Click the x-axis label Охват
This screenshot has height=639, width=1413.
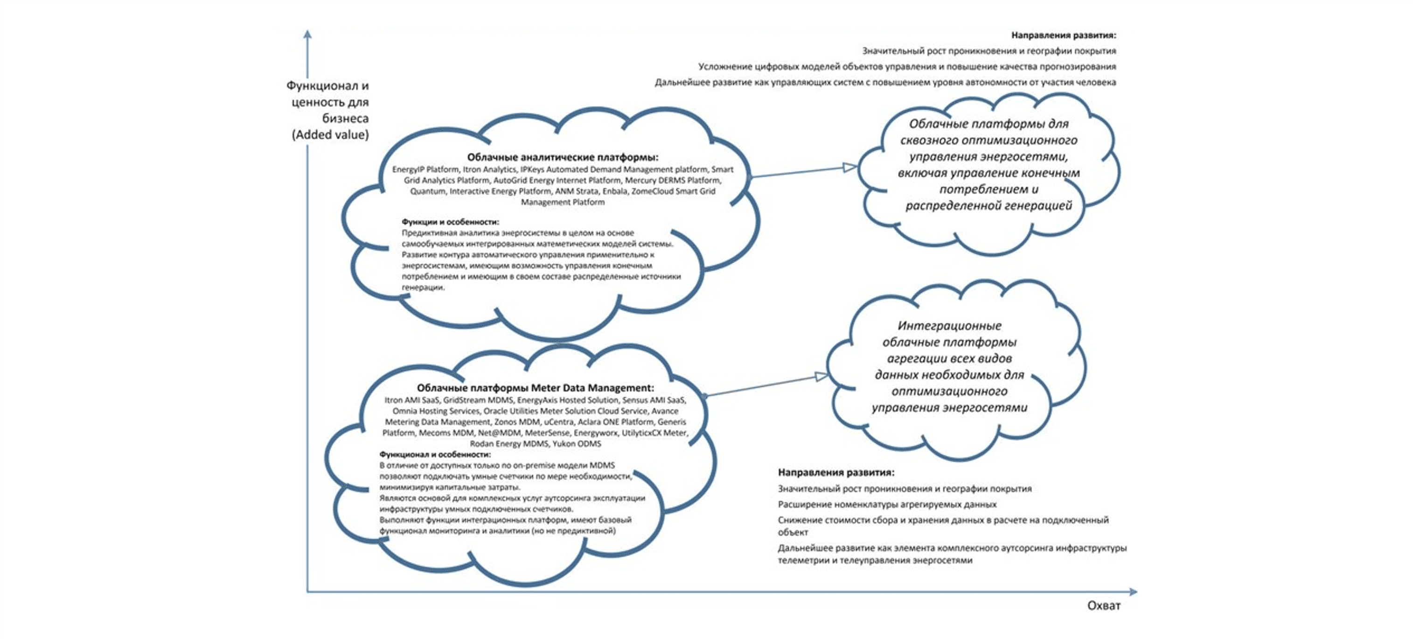1103,605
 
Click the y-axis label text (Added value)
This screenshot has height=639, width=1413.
330,134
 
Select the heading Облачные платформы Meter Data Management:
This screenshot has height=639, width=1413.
535,388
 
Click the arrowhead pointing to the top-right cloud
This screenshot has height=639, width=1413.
849,167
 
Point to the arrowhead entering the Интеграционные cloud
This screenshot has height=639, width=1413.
821,376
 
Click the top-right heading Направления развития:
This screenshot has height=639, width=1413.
1063,35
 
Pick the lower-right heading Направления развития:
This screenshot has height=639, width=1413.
835,472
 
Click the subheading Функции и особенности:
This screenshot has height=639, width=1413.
450,222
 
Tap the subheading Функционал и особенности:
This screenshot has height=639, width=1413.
435,455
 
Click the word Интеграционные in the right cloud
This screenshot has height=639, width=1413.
949,325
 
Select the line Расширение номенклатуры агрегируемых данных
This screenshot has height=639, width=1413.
886,504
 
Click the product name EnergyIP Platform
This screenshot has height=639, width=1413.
425,169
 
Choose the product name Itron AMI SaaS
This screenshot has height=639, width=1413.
412,400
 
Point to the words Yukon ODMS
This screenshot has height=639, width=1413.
577,443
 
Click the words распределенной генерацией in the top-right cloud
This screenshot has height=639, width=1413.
988,206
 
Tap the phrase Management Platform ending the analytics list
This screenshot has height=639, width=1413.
562,202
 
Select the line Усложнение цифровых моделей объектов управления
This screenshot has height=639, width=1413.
907,66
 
